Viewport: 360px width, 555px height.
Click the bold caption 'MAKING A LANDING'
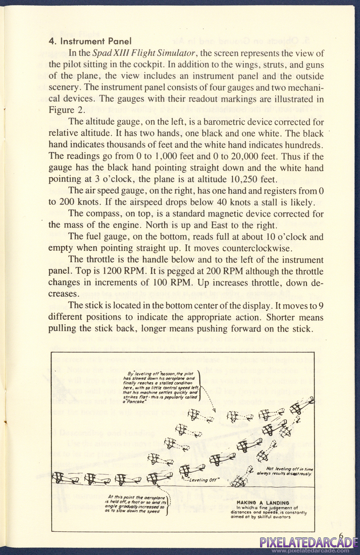point(263,503)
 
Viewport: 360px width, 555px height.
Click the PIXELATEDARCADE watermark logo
point(309,543)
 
